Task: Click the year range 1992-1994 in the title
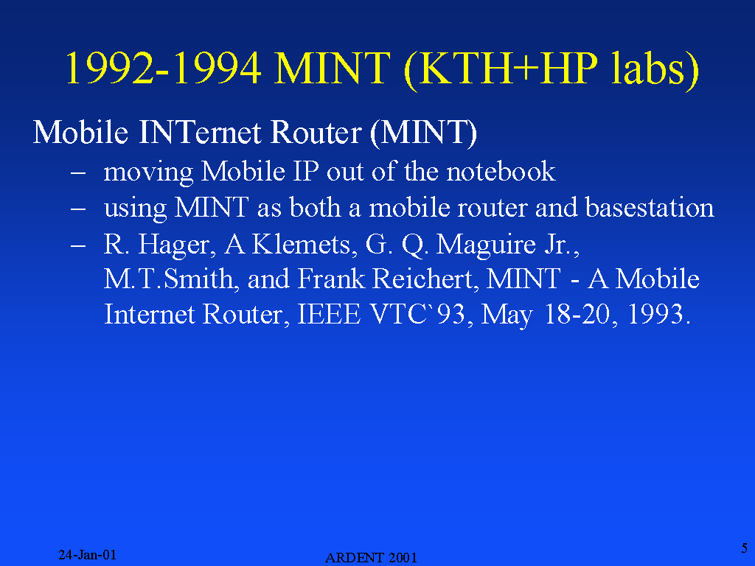click(x=164, y=68)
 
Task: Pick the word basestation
click(x=650, y=207)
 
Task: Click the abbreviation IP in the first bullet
click(x=305, y=171)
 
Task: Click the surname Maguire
click(x=486, y=245)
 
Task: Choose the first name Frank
click(x=331, y=279)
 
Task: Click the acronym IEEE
click(x=329, y=315)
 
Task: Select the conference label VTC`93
click(x=421, y=315)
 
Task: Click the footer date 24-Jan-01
click(x=87, y=555)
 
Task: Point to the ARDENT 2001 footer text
click(x=371, y=558)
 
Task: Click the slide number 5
click(x=745, y=548)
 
